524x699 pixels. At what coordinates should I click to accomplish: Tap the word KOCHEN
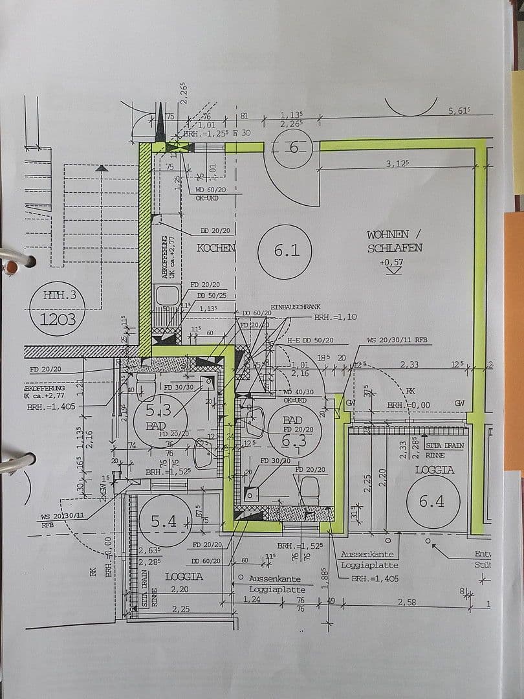tap(216, 248)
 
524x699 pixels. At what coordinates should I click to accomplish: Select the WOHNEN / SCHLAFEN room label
tap(395, 241)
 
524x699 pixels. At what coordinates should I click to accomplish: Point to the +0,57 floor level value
tap(392, 262)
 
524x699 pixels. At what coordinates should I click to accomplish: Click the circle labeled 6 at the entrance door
tap(294, 148)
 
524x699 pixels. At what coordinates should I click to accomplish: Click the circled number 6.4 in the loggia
tap(433, 500)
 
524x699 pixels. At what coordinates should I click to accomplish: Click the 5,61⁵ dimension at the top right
tap(459, 111)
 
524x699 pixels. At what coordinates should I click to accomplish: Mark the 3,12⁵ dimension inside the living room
tap(398, 164)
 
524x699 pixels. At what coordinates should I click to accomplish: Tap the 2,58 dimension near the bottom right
tap(408, 602)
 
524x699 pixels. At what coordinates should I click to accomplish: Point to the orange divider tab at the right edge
tap(514, 337)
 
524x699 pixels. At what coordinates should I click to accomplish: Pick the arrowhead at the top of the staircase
tap(101, 168)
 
